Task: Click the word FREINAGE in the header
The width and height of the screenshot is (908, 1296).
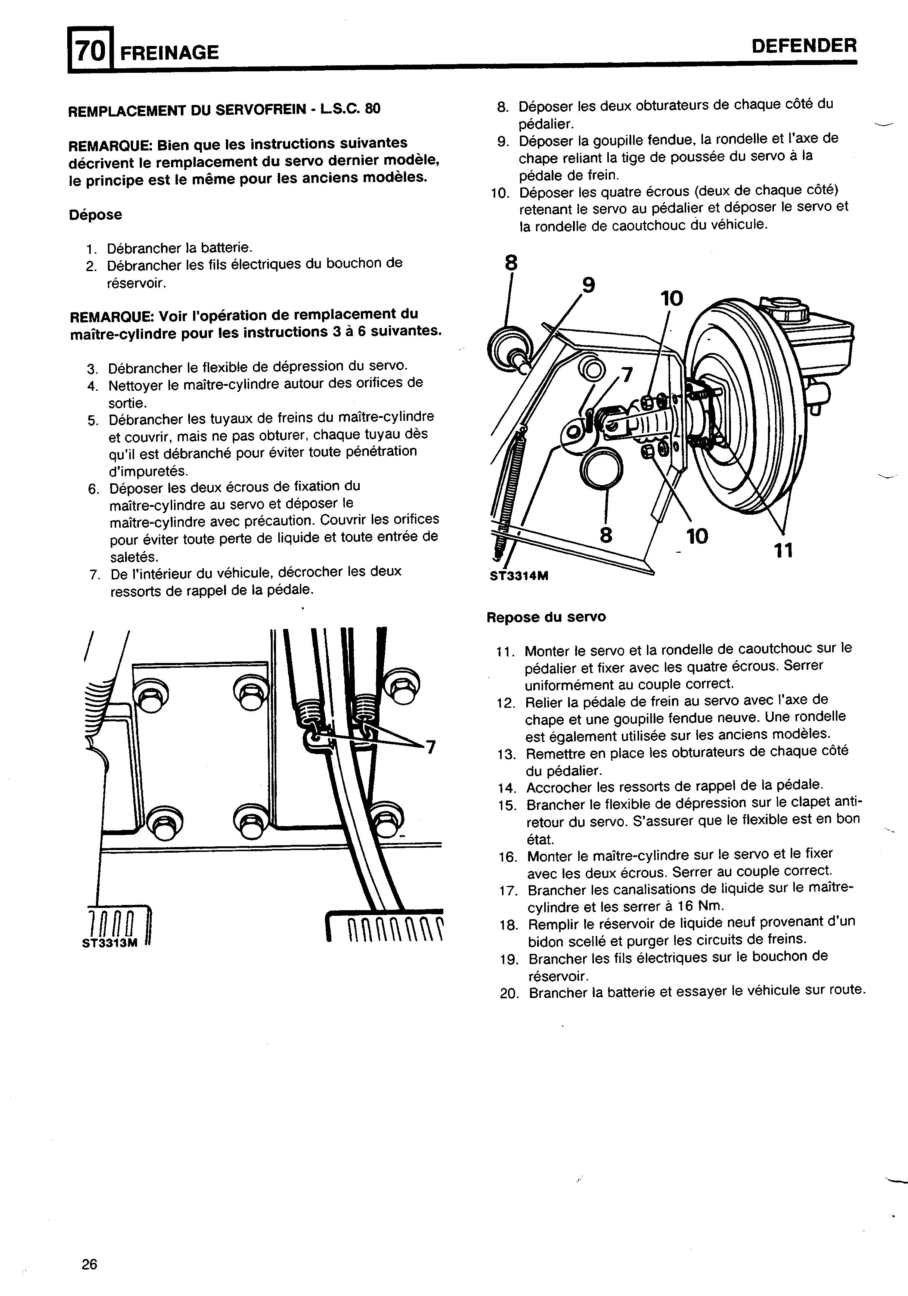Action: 169,53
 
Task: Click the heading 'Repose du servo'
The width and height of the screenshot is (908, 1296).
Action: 546,617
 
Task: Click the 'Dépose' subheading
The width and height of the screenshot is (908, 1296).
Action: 95,215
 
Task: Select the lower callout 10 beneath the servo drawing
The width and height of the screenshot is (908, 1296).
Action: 697,536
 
